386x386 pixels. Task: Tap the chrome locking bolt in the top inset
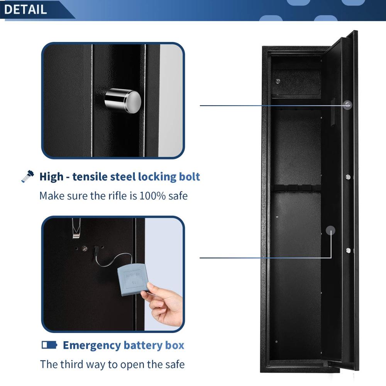coord(123,100)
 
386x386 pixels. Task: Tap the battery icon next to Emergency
coord(49,344)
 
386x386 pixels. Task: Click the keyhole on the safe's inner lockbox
coord(278,81)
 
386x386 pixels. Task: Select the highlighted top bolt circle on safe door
coord(348,105)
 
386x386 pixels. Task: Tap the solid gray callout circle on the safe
coord(330,230)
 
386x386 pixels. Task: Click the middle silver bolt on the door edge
coord(348,177)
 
